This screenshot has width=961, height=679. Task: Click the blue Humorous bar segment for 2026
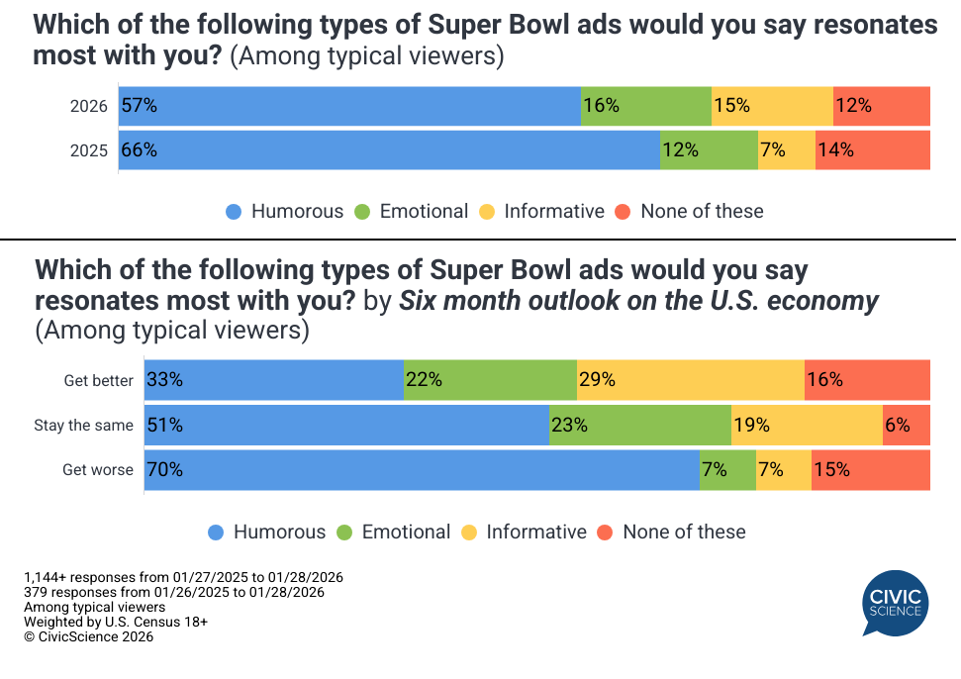click(x=349, y=106)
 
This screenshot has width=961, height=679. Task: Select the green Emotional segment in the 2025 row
click(x=709, y=150)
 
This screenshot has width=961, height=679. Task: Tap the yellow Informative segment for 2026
click(x=772, y=106)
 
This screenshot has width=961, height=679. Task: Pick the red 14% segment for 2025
click(x=872, y=150)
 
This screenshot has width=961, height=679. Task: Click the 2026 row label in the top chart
click(x=88, y=107)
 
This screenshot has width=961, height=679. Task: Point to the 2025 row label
click(x=88, y=151)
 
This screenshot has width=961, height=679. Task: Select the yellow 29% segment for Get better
click(x=690, y=380)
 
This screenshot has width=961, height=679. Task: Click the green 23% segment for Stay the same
click(x=640, y=426)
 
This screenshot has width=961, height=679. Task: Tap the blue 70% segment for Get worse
click(x=422, y=470)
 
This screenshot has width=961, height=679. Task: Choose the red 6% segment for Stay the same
click(x=906, y=426)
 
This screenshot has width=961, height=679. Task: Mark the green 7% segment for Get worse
click(x=727, y=470)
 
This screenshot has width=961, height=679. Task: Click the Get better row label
click(x=98, y=381)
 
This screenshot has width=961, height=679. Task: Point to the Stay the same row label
click(x=83, y=426)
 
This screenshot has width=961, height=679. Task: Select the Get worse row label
click(x=97, y=470)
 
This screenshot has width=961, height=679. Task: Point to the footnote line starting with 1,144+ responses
click(x=183, y=577)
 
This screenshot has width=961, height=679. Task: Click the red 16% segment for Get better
click(x=867, y=380)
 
